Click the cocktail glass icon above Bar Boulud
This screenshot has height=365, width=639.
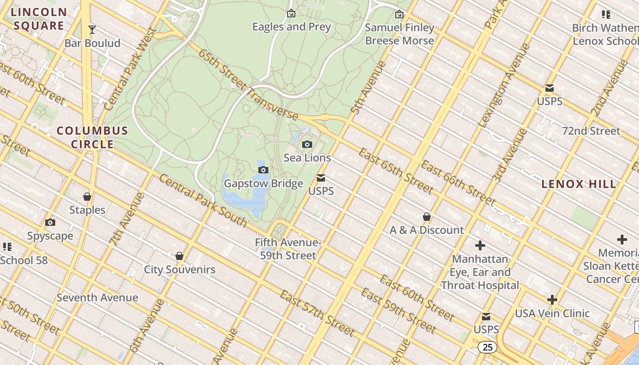92,30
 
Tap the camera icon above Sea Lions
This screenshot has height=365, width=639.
307,145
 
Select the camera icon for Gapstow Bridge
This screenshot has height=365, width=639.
263,170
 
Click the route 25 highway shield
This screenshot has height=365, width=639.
487,347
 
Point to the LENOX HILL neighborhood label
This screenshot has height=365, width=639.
579,184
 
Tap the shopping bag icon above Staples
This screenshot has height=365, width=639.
87,197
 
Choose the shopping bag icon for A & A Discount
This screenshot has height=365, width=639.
427,217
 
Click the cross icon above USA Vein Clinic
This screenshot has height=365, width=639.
552,300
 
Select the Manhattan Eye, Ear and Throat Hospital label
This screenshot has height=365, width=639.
480,272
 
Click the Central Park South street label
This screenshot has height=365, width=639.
203,200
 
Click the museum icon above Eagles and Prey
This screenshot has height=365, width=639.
291,14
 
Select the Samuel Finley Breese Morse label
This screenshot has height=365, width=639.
400,34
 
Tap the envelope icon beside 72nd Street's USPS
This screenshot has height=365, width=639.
550,88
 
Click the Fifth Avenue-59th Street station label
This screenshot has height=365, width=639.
288,249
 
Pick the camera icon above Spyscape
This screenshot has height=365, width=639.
50,223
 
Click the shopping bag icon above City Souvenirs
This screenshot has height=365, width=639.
179,256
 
